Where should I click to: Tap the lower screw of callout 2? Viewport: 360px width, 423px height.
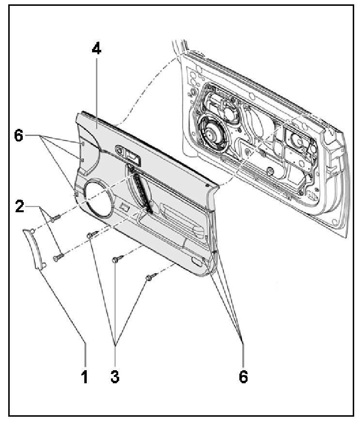click(59, 255)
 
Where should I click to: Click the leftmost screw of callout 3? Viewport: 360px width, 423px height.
click(91, 235)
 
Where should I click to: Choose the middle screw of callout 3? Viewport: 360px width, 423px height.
click(115, 260)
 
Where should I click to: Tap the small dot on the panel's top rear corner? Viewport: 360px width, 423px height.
click(207, 185)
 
